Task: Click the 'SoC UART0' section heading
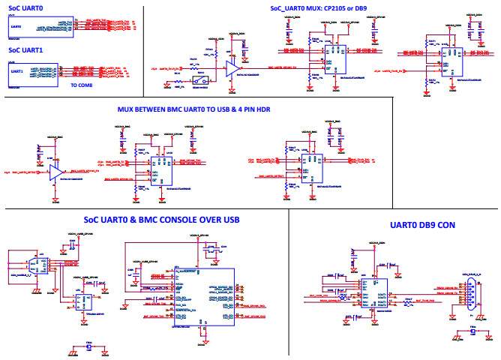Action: tap(27, 8)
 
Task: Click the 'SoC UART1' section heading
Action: tap(27, 50)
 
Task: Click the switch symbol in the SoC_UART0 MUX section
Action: tap(199, 79)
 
